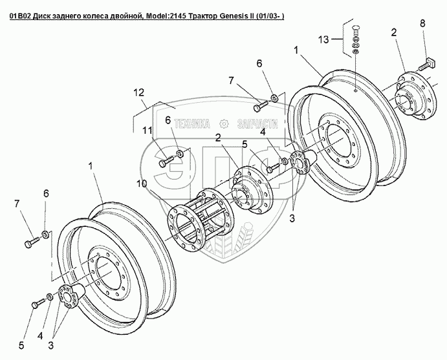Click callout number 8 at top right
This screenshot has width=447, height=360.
[422, 24]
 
